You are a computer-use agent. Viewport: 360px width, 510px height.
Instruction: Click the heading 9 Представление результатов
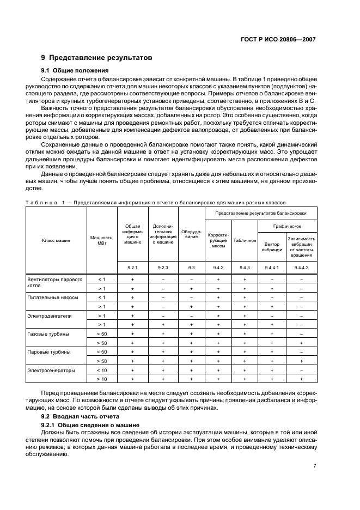tap(96, 58)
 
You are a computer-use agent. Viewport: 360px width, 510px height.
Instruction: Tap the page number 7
tap(315, 465)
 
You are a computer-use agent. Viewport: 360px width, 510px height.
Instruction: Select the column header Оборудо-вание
tap(191, 234)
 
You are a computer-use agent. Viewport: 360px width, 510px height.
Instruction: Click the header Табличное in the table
tap(245, 240)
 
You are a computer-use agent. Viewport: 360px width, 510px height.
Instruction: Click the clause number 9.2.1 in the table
tap(132, 268)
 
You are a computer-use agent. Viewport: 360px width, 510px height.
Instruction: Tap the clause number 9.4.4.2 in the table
tap(301, 268)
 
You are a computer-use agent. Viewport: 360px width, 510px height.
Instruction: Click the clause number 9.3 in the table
tap(191, 268)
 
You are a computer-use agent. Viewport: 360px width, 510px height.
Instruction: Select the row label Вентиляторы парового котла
tap(54, 283)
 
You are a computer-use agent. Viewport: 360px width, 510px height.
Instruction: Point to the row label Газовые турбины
tap(49, 333)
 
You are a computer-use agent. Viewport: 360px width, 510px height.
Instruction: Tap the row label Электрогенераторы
tap(51, 370)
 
